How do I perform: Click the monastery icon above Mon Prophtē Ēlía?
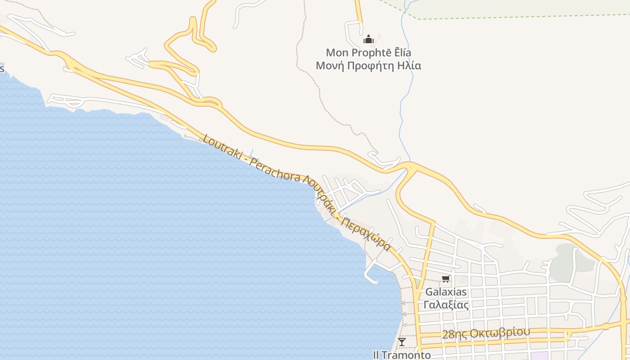[369, 40]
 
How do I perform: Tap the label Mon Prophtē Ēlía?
[368, 53]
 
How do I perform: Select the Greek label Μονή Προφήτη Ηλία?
[368, 66]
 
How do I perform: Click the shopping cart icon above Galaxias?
[445, 279]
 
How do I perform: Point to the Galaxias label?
[446, 292]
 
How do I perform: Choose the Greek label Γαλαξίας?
[446, 305]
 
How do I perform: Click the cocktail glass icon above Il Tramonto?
[402, 342]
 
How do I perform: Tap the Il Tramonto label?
[401, 355]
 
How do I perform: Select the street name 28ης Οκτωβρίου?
[486, 333]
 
